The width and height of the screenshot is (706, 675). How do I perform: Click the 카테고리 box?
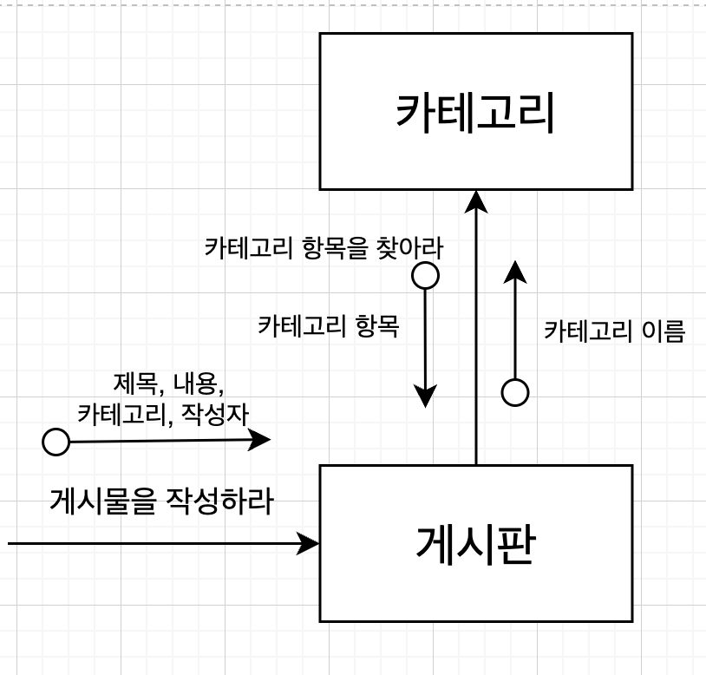tap(475, 111)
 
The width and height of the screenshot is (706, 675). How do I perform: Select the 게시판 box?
tap(475, 543)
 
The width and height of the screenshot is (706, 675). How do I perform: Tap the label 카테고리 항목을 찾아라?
tap(324, 249)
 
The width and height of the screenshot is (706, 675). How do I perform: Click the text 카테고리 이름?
tap(614, 331)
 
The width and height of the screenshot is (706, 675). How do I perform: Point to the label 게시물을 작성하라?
tap(161, 501)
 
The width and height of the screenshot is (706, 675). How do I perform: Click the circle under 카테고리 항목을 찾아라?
tap(425, 276)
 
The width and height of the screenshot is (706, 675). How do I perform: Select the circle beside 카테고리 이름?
tap(515, 393)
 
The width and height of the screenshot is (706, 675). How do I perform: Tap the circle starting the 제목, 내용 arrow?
tap(56, 442)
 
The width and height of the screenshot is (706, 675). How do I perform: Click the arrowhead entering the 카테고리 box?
tap(476, 200)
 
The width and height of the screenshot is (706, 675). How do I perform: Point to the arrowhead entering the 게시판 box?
tap(309, 544)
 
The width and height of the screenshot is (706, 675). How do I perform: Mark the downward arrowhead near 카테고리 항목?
tap(425, 396)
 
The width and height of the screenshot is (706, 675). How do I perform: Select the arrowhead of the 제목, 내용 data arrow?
tap(260, 440)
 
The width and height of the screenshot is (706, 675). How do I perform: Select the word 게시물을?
tap(100, 501)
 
